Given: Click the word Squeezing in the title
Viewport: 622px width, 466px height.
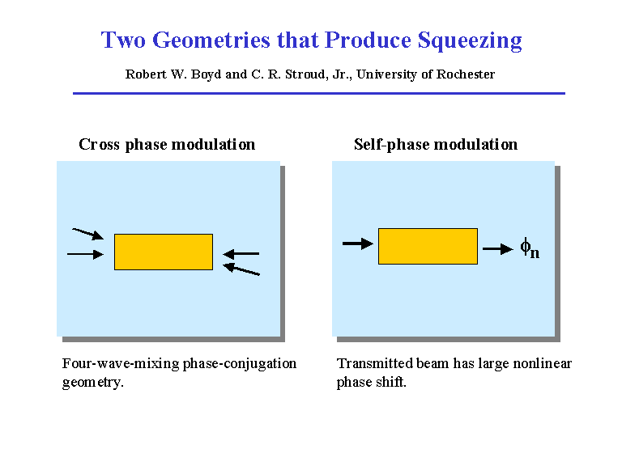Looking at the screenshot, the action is coord(470,40).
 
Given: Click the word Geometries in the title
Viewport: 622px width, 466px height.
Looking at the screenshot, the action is coord(211,40).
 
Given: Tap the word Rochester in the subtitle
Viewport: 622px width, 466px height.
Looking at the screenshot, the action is coord(466,74).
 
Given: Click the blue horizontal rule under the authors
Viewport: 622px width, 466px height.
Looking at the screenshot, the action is coord(319,94).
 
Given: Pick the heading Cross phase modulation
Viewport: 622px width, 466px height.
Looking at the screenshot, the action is coord(167,144).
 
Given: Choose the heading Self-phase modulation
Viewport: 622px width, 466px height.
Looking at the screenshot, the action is coord(436,144).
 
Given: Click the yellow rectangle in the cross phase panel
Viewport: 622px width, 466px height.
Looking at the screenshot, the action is coord(164,252).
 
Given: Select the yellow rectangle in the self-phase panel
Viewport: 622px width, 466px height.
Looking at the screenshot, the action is coord(428,246).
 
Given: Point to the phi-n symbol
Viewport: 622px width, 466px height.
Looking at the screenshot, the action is coord(530,248).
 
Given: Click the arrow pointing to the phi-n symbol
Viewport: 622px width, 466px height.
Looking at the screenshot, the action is coord(498,249).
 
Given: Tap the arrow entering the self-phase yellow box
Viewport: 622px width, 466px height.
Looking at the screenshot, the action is coord(358,244).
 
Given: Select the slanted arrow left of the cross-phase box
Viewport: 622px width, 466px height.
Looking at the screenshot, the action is coord(88,234).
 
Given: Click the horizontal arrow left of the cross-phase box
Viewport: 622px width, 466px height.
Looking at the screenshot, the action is coord(86,253).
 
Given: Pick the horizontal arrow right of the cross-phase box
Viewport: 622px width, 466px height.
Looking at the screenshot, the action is coord(241,253).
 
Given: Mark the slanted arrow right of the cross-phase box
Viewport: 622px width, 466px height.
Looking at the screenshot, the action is coord(241,269).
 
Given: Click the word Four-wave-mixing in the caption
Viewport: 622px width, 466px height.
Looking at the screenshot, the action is coord(121,363).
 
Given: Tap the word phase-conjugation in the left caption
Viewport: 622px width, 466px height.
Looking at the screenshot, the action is coord(240,364).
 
